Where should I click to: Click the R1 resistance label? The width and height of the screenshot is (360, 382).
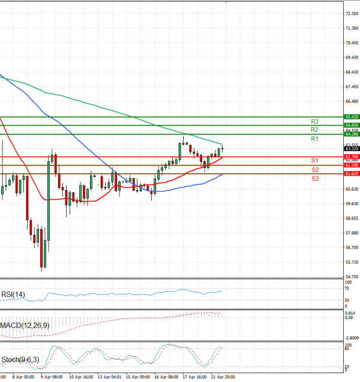(314, 139)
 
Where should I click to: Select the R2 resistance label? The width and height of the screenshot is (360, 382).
(314, 130)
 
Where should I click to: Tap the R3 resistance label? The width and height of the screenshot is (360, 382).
(314, 121)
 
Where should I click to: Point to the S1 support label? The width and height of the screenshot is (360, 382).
(314, 161)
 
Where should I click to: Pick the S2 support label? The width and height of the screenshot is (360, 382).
(314, 170)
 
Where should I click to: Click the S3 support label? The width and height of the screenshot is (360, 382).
(314, 179)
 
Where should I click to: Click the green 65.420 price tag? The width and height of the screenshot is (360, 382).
(352, 117)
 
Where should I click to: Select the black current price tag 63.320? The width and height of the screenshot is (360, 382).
(352, 149)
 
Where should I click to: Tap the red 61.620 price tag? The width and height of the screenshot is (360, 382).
(352, 173)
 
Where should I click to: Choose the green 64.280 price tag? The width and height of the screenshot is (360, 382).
(352, 134)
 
